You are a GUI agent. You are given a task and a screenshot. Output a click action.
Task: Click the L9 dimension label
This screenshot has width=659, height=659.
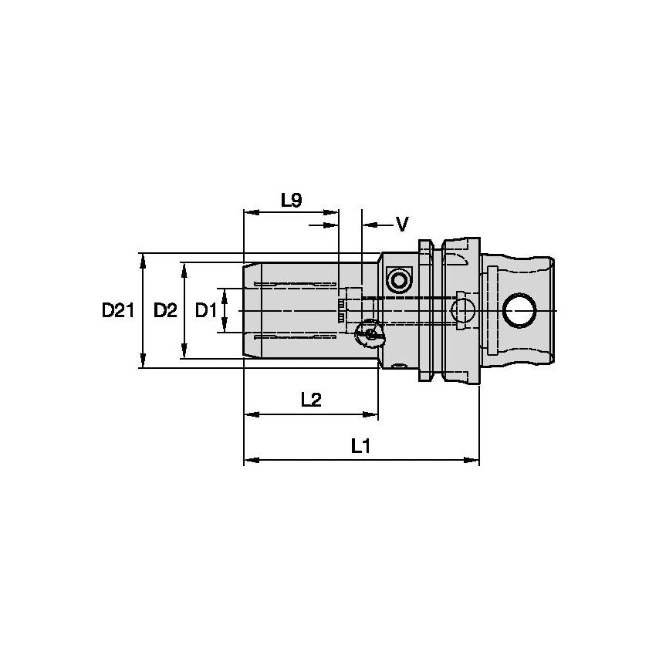point(291,201)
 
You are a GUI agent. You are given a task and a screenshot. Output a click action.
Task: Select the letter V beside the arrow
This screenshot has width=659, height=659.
point(401,225)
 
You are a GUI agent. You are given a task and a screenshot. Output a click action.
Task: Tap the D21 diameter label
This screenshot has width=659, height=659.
point(118,311)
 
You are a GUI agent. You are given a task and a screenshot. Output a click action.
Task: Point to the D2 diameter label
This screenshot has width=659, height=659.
point(165,311)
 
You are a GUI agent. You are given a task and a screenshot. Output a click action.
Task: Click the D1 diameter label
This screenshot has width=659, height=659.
point(205,311)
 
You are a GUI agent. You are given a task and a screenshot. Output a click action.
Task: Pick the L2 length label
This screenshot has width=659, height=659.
point(311,400)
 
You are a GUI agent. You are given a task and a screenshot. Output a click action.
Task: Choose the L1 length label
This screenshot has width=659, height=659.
point(361,445)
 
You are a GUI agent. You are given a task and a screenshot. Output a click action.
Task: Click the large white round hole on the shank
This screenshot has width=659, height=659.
point(519,311)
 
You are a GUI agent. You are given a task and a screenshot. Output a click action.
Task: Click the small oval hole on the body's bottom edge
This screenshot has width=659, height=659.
point(398,366)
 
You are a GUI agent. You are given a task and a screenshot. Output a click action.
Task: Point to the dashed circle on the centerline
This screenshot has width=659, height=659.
point(463,311)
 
